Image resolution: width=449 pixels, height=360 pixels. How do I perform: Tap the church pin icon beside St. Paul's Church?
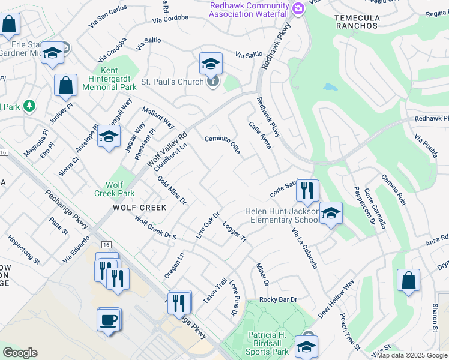click(212, 82)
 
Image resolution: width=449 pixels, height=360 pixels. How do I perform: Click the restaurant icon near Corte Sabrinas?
click(307, 191)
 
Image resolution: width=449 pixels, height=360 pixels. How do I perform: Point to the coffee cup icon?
click(109, 319)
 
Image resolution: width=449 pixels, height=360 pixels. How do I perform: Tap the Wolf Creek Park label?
click(115, 189)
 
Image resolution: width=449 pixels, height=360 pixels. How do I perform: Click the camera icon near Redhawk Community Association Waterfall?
click(298, 8)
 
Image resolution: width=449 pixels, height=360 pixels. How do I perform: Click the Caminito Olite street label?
click(223, 145)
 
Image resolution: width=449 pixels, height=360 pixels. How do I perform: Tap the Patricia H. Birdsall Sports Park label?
click(269, 343)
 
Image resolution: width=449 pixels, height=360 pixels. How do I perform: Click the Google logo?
click(20, 353)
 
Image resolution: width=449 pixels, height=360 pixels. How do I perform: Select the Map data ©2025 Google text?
click(411, 355)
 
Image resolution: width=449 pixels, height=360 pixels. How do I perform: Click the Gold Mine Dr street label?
click(172, 190)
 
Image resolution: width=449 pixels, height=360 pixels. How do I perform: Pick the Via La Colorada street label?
click(304, 248)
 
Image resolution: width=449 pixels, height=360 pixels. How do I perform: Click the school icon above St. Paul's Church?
click(211, 63)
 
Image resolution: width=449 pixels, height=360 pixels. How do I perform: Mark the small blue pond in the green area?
click(330, 86)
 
